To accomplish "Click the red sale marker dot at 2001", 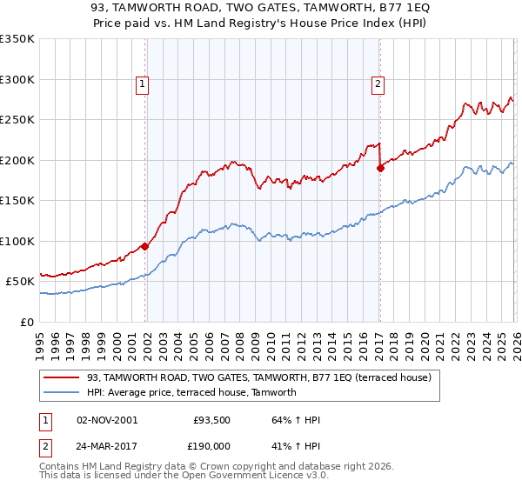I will pos(145,246).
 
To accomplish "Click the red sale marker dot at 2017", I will pos(380,169).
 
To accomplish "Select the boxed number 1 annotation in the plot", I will pos(142,84).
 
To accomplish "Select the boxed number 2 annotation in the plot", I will pos(378,84).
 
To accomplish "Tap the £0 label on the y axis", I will pos(26,322).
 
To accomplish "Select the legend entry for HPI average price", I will pos(191,392).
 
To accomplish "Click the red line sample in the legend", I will pos(62,377).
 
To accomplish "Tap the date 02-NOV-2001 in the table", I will pos(107,420).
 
